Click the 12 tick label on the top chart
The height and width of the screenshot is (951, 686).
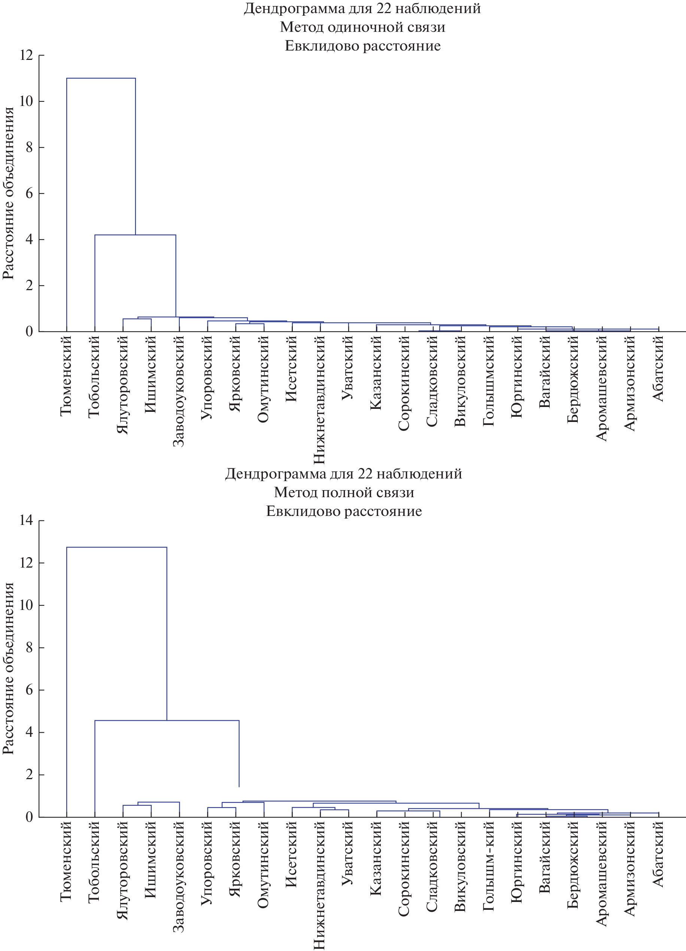coord(26,55)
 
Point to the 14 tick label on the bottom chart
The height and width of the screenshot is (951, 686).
coord(26,520)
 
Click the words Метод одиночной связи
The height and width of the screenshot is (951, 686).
coord(362,27)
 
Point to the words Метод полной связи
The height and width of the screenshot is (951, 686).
coord(344,492)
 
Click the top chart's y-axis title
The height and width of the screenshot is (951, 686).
coord(8,193)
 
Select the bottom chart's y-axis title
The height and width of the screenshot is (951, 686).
coord(8,668)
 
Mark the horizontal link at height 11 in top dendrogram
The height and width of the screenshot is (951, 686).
coord(101,78)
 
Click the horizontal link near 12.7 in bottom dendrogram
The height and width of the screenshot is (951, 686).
coord(116,547)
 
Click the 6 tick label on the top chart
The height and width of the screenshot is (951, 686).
coord(29,193)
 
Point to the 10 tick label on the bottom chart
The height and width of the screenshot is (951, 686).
coord(26,605)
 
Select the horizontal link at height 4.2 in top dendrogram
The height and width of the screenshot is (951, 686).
coord(135,235)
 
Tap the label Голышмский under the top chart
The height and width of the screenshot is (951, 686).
coord(489,381)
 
